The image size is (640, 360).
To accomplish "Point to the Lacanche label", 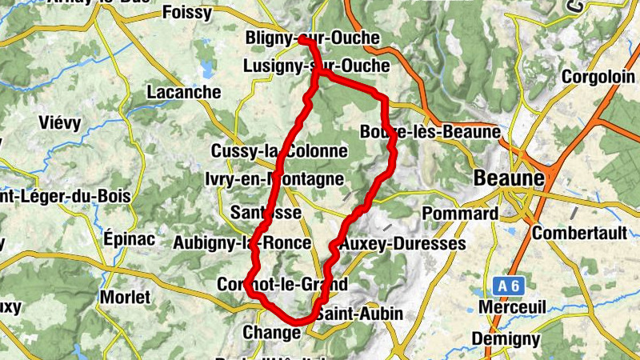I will pyautogui.click(x=184, y=92).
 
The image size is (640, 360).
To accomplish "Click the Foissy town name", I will pyautogui.click(x=186, y=12).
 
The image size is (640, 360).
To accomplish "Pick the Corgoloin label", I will pyautogui.click(x=596, y=76).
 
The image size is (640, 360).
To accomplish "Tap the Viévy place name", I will pyautogui.click(x=60, y=123).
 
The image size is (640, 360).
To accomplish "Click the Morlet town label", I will pyautogui.click(x=125, y=297).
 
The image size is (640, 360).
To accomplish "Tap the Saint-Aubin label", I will pyautogui.click(x=359, y=314).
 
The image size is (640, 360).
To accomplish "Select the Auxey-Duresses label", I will pyautogui.click(x=402, y=243).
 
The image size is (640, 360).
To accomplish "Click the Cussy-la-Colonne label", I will pyautogui.click(x=279, y=150).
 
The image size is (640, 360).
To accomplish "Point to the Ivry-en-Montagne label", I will pyautogui.click(x=274, y=179).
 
